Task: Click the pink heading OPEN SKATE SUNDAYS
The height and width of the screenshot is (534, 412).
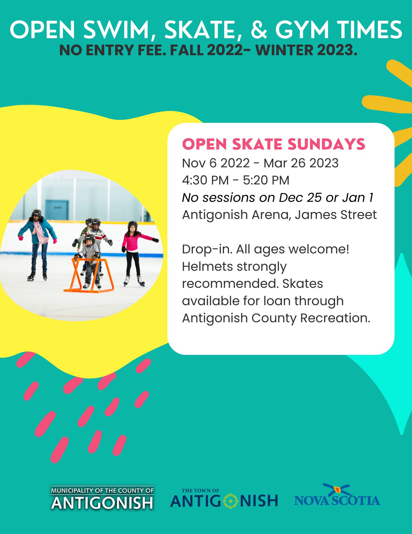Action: pyautogui.click(x=274, y=144)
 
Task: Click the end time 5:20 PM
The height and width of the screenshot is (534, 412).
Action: pyautogui.click(x=266, y=180)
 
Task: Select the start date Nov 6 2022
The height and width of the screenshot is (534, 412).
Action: pyautogui.click(x=216, y=163)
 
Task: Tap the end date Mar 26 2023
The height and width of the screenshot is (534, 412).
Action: pyautogui.click(x=301, y=163)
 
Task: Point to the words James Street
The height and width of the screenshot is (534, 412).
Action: pyautogui.click(x=336, y=215)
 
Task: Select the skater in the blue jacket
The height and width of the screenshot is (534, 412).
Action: pyautogui.click(x=38, y=244)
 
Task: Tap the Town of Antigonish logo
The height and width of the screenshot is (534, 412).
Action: pyautogui.click(x=224, y=498)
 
